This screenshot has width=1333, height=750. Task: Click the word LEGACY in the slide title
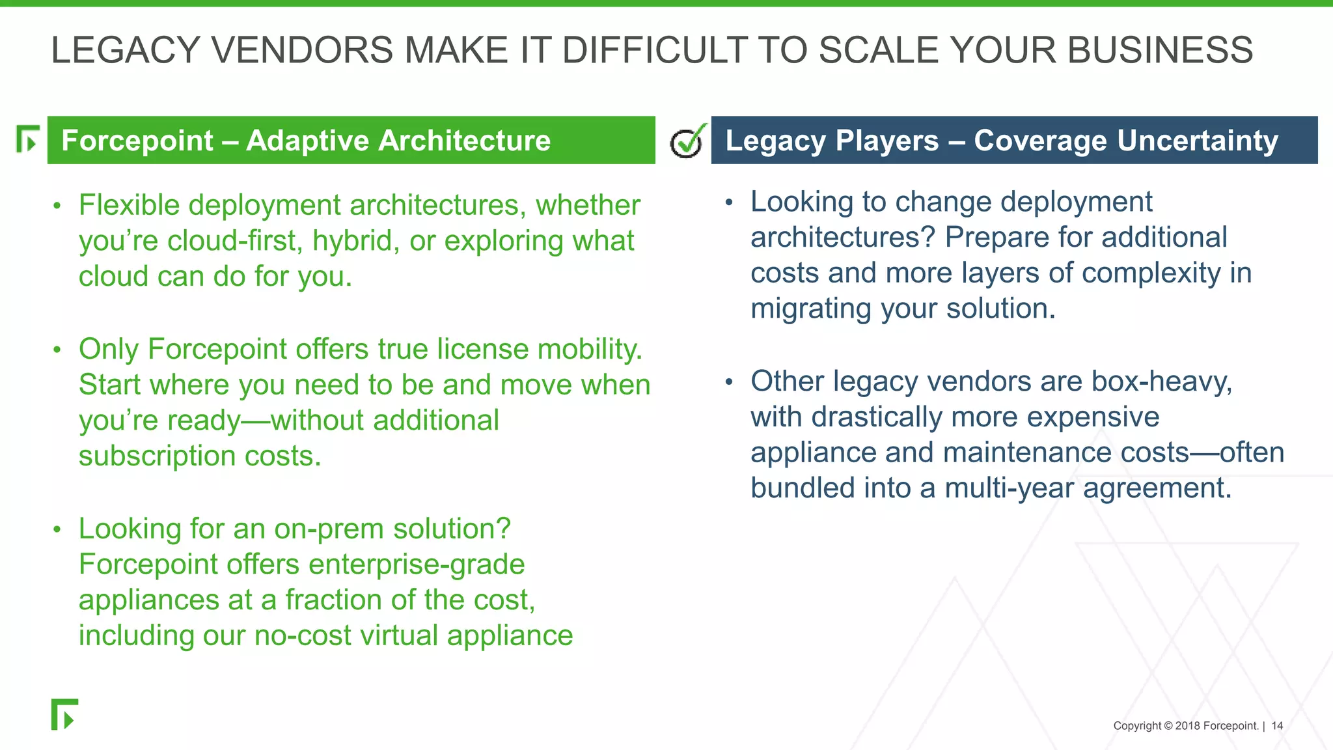click(126, 50)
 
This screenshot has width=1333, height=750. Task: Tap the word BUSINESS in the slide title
click(1160, 50)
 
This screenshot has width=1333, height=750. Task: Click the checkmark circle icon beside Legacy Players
click(686, 142)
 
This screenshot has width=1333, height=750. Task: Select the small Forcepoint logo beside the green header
click(27, 139)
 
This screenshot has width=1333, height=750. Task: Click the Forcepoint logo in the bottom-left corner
click(64, 714)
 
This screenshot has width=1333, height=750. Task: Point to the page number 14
click(1277, 726)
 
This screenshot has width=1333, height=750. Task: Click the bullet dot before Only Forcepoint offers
click(57, 350)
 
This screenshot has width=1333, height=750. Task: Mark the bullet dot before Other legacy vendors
click(729, 382)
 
